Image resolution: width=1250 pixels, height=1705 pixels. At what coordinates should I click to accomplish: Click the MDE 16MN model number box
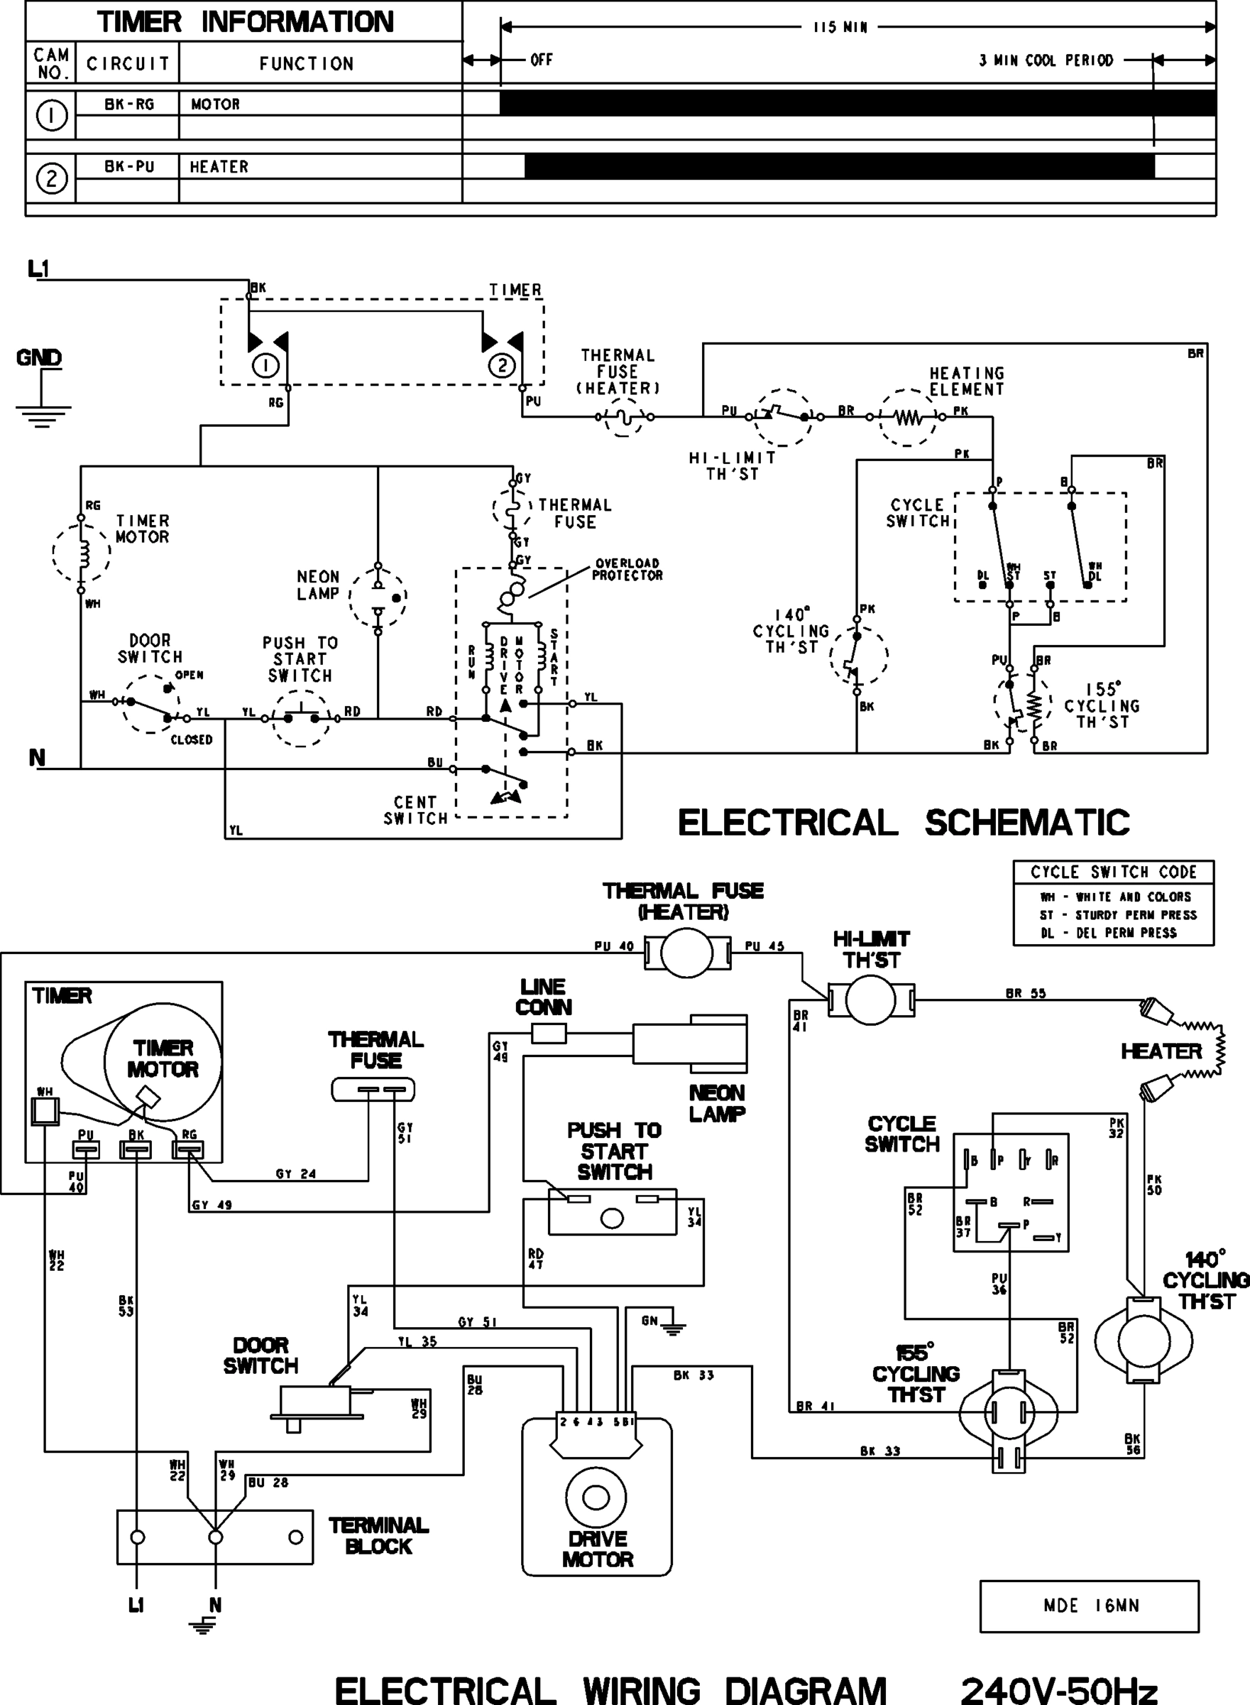[1089, 1606]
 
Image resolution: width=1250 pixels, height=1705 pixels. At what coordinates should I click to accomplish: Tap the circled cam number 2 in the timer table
[51, 179]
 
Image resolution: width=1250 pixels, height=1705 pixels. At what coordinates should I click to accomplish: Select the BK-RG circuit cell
[128, 104]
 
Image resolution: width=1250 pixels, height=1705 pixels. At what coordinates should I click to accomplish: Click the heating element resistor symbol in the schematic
[907, 417]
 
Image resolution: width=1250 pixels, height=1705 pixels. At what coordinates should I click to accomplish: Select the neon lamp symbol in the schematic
[378, 598]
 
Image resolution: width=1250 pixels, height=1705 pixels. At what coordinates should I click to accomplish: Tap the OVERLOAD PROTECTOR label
[627, 569]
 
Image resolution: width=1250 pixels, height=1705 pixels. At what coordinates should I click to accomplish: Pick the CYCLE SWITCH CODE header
[1113, 872]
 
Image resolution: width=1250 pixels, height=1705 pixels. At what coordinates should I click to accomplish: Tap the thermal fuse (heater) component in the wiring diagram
[686, 953]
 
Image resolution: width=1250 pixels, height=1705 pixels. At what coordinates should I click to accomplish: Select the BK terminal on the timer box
[136, 1150]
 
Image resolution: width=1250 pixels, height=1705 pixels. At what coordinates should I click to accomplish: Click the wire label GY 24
[295, 1174]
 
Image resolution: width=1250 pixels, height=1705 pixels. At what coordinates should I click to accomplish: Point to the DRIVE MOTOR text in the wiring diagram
[597, 1549]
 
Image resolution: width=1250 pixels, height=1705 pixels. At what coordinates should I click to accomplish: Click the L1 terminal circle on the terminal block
[137, 1537]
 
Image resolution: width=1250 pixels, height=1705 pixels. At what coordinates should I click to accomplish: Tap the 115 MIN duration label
[840, 27]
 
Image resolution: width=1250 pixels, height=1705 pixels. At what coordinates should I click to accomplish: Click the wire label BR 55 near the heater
[1025, 993]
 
